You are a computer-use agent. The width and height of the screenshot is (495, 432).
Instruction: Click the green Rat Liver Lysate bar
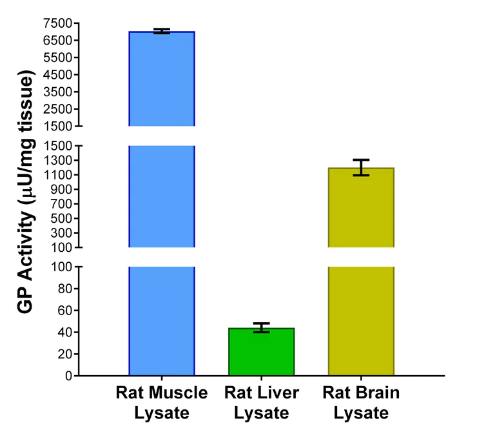pos(261,352)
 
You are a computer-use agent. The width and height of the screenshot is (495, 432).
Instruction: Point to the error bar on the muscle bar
pos(162,31)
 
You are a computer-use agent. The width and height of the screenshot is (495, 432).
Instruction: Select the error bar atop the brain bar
pos(361,167)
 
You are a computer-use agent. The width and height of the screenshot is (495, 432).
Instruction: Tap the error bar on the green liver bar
pos(261,327)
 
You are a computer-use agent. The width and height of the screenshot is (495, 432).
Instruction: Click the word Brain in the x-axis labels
pos(379,393)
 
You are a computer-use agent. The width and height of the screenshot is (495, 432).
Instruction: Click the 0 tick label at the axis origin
pos(67,376)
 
